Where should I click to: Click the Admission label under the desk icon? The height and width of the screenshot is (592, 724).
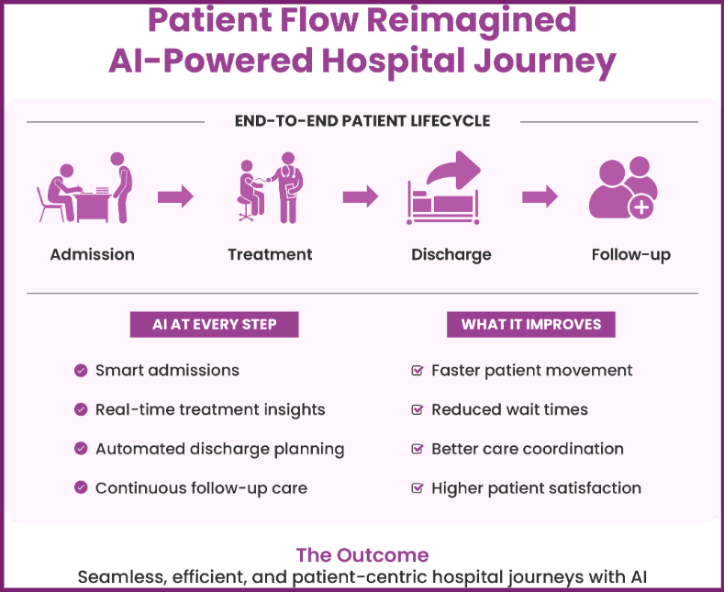coord(92,254)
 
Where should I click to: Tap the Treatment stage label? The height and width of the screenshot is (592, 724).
coord(270,254)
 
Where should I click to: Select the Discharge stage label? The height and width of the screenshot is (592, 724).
coord(451,254)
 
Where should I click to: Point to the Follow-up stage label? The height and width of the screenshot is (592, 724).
coord(630,254)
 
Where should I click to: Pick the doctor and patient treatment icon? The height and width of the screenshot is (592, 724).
coord(270,189)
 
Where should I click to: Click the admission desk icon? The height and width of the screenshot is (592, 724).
coord(84,188)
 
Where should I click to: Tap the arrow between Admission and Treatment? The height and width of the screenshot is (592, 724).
coord(175,196)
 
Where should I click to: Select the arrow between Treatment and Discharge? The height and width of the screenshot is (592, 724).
coord(361,196)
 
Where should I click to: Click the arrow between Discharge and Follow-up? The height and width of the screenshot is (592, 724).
coord(540,196)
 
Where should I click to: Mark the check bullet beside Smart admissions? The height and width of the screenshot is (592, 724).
coord(81,371)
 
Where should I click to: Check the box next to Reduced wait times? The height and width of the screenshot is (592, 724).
coord(417,410)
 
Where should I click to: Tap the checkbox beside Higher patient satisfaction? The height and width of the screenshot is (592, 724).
coord(417,488)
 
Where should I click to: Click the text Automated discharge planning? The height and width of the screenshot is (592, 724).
coord(219,449)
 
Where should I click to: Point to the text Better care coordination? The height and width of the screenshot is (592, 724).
coord(527,449)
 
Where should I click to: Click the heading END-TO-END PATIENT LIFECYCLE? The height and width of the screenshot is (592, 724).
coord(362,121)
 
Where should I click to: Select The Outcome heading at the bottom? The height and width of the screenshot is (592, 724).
coord(362,556)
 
